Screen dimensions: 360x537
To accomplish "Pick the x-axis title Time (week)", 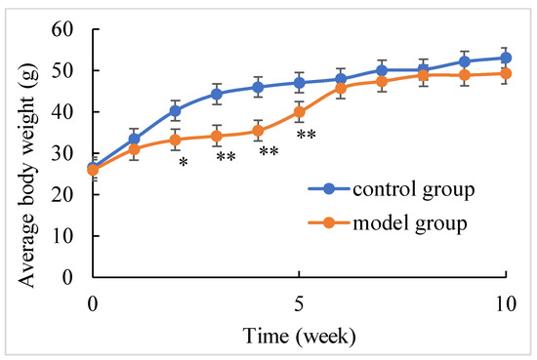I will click(299, 335).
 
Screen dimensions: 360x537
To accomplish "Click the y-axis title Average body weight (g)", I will click(24, 153).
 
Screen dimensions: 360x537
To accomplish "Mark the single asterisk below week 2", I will click(183, 163).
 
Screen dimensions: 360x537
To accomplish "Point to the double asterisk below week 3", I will click(227, 158).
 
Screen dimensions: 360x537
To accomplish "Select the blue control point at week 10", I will click(505, 58).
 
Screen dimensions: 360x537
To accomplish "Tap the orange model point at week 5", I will click(299, 112).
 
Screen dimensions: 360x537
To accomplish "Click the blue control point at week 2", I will click(175, 111).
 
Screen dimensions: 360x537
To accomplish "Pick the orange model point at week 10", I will click(505, 73).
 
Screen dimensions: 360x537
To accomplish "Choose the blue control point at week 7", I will click(381, 70).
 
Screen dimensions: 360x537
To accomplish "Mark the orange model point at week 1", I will click(134, 149).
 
